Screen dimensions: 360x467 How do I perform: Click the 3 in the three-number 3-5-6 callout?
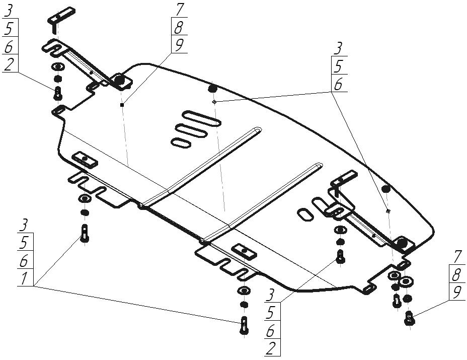(339, 48)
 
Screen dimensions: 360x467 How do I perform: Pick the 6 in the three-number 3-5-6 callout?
(339, 84)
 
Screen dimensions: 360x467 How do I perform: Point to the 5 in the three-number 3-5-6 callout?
(339, 66)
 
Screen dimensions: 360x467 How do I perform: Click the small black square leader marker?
(122, 105)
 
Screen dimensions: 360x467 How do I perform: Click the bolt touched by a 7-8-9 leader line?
(409, 318)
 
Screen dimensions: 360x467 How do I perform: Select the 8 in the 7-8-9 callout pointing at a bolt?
(456, 274)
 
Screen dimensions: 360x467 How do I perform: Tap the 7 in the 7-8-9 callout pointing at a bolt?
(456, 256)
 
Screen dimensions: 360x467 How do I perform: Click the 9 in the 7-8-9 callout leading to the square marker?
(178, 45)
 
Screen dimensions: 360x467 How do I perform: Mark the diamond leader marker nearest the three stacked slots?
(214, 101)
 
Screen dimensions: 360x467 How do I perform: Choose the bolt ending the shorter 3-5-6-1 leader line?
(84, 233)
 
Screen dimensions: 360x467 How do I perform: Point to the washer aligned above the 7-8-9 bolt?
(407, 279)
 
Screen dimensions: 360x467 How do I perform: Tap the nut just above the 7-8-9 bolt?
(408, 299)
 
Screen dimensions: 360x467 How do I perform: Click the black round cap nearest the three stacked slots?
(212, 88)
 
